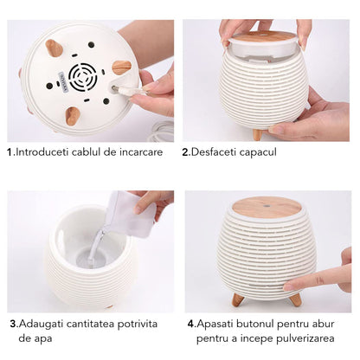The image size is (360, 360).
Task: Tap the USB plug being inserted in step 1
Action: point(128,90)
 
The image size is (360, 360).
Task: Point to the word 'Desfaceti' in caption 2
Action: point(213,152)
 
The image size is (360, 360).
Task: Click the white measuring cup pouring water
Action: point(132,214)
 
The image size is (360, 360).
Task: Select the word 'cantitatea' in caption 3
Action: point(90,324)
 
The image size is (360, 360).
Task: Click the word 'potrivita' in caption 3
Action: point(138,325)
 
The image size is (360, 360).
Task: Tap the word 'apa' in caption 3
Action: point(44,338)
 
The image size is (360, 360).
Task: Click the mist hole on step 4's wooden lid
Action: point(267,207)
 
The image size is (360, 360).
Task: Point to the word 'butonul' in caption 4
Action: point(254,324)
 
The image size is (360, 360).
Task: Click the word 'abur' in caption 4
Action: point(324,324)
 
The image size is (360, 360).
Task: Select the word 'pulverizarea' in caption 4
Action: point(305,338)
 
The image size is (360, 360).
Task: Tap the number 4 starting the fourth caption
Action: point(191,324)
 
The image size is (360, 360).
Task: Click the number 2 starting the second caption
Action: point(185,152)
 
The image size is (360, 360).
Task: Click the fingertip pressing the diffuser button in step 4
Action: point(288,286)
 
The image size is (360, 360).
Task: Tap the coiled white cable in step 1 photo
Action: point(161,132)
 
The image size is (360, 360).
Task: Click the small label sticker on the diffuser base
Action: point(63,82)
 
